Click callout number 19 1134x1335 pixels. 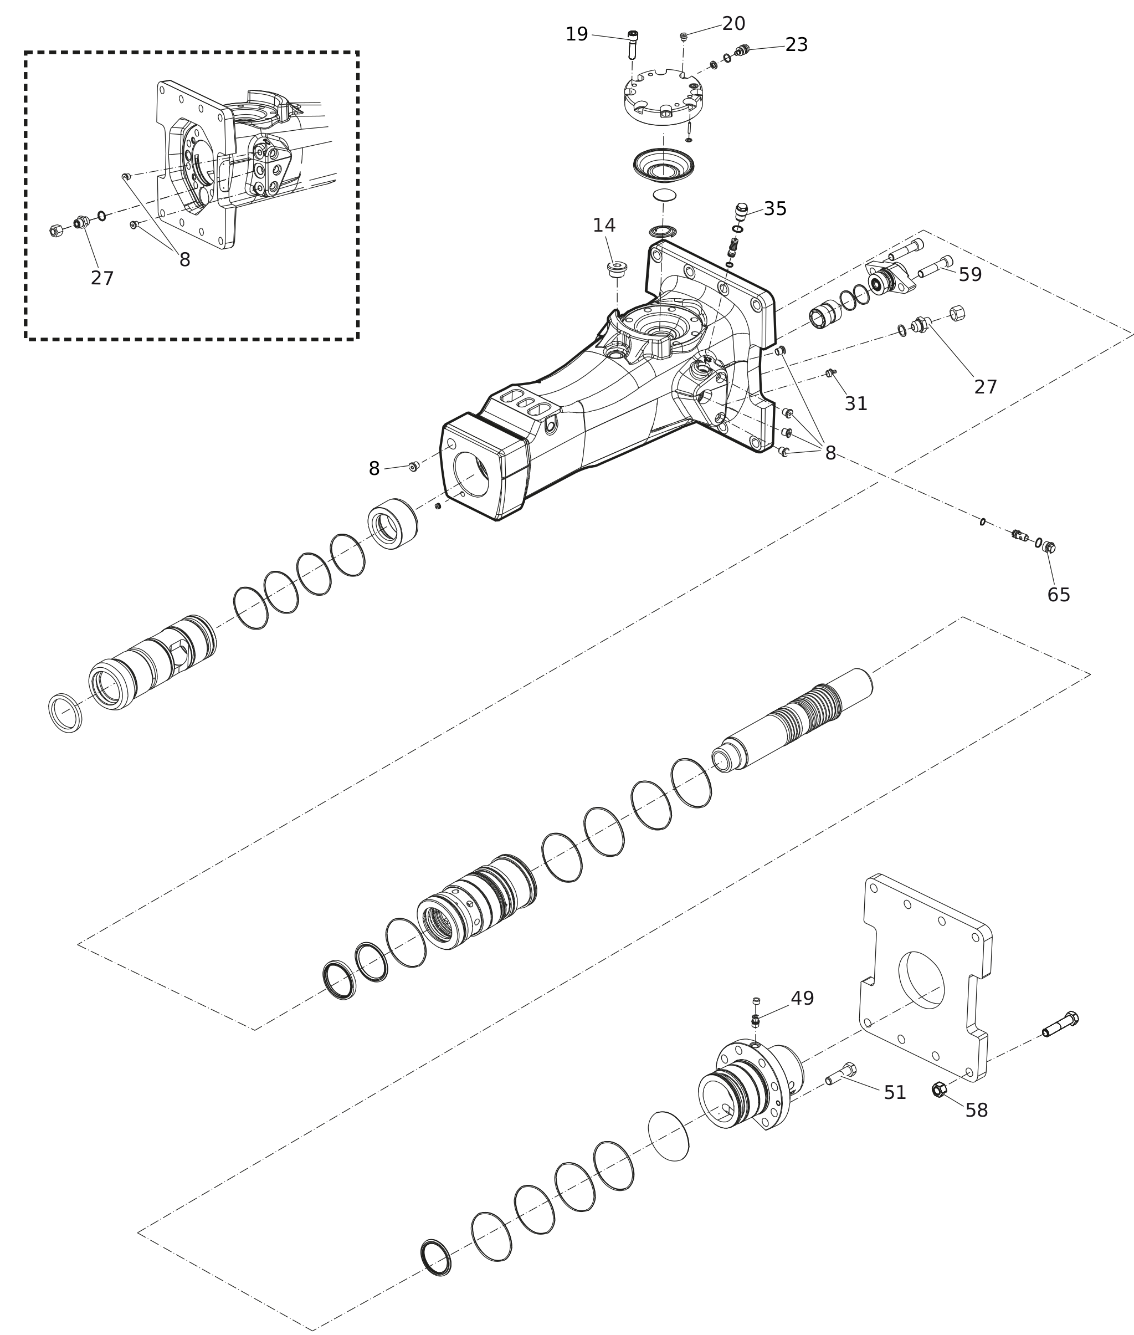click(577, 34)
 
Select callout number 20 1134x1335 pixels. click(733, 24)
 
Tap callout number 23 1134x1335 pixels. click(797, 45)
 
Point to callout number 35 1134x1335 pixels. click(775, 209)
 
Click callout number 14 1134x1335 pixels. click(604, 226)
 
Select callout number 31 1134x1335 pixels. click(856, 404)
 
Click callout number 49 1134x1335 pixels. click(802, 999)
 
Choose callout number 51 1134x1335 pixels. click(895, 1093)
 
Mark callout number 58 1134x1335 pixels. click(977, 1110)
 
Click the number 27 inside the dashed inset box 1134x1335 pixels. click(102, 278)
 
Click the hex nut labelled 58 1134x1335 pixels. click(938, 1090)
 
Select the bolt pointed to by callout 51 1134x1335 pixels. click(841, 1074)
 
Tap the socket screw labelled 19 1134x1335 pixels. click(633, 44)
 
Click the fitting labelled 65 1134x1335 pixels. click(1049, 548)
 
